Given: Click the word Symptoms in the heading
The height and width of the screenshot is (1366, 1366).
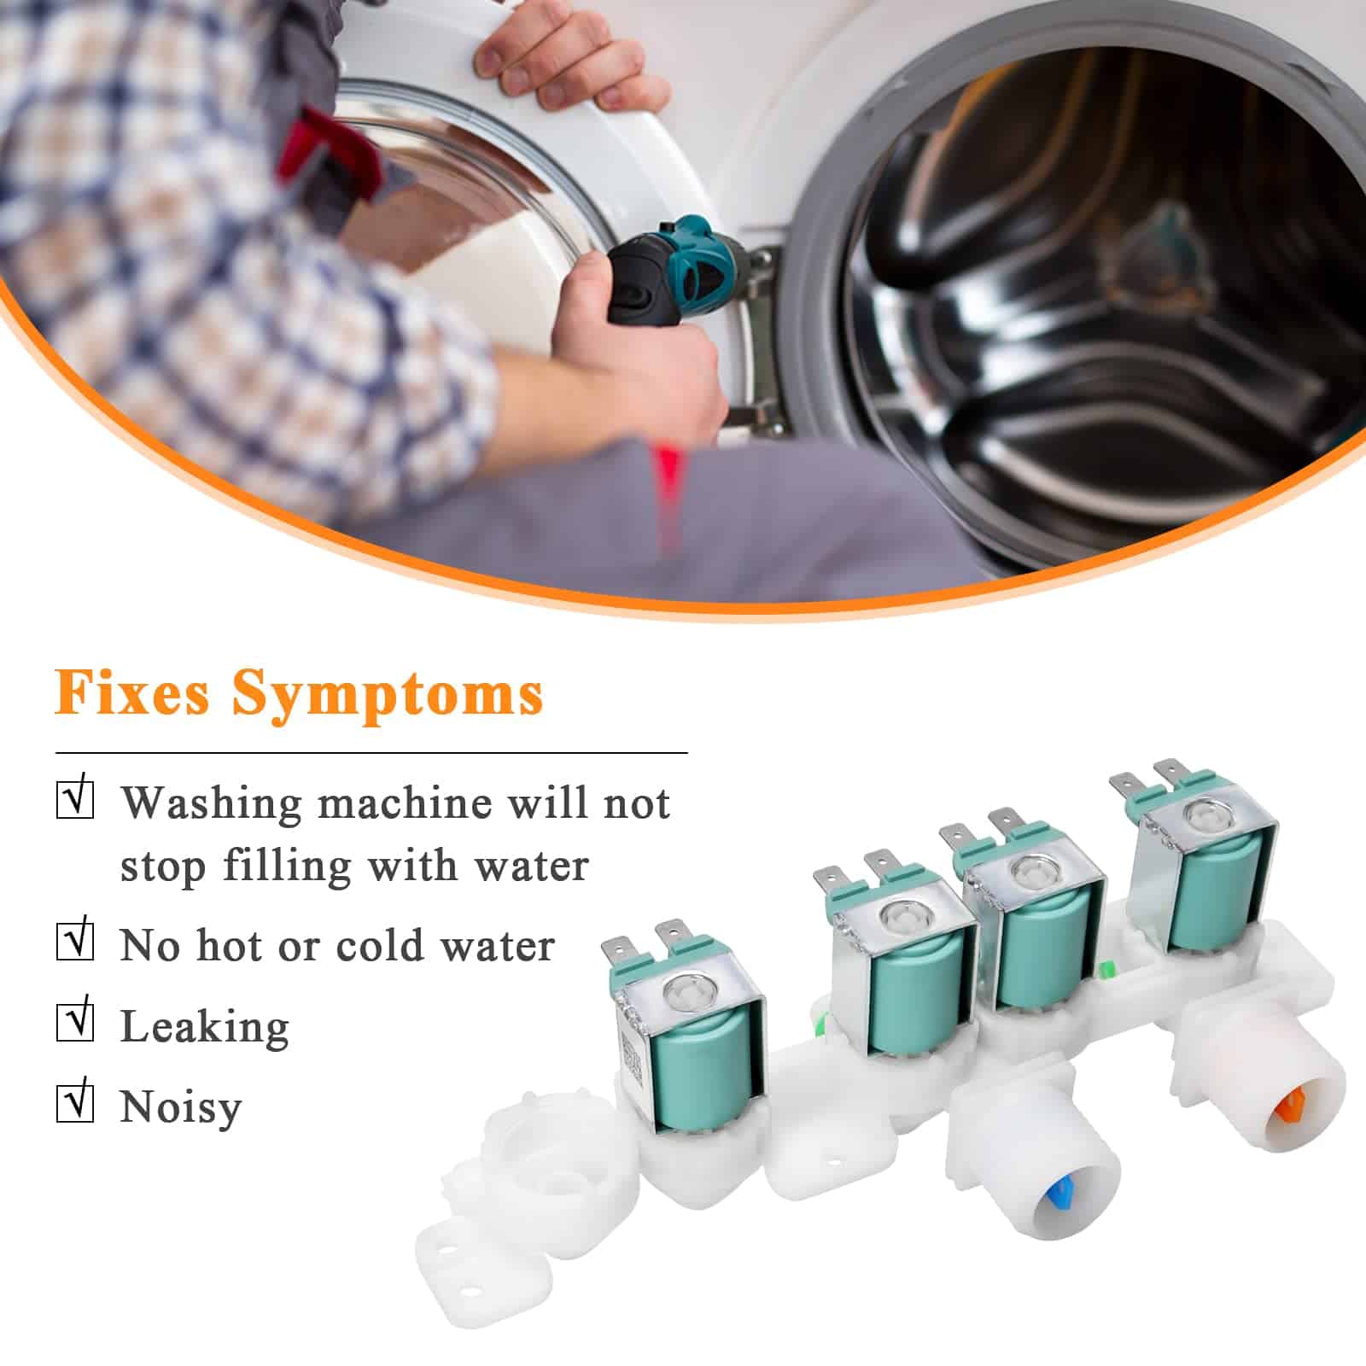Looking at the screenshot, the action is pyautogui.click(x=388, y=696).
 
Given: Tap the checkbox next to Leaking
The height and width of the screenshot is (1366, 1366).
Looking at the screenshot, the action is pyautogui.click(x=74, y=1022).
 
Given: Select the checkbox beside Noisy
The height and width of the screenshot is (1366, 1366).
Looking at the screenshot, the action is pyautogui.click(x=74, y=1102).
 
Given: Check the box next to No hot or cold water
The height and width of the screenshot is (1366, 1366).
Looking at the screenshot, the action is pyautogui.click(x=74, y=941).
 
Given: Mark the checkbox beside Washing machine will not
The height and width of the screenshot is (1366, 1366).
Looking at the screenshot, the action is pyautogui.click(x=74, y=799).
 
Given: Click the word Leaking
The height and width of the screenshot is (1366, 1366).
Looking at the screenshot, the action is pyautogui.click(x=205, y=1027).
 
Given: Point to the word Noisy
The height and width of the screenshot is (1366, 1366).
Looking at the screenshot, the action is pyautogui.click(x=181, y=1107).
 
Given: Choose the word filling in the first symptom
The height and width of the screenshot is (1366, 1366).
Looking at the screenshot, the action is pyautogui.click(x=288, y=867).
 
